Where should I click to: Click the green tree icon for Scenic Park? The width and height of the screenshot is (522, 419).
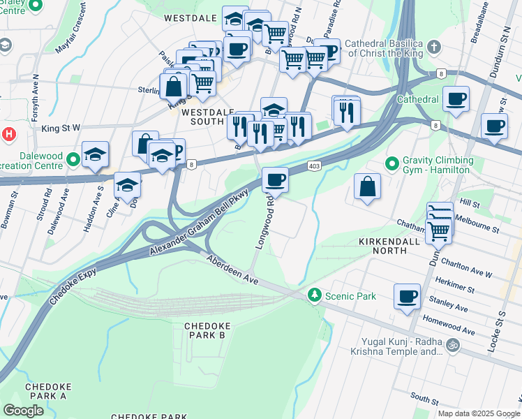coord(315,296)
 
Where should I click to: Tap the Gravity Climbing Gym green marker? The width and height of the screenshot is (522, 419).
coord(393,164)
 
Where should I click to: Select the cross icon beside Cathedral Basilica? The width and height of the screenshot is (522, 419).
coord(434,47)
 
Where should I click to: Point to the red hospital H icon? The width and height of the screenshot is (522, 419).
coord(8,133)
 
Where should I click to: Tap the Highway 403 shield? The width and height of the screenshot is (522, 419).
coord(313,166)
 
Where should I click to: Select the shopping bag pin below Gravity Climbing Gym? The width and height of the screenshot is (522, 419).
coord(367,187)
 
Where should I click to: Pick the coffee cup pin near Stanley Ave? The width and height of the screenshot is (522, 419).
coord(407,296)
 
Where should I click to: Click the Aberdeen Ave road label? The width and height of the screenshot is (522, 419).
coord(232,268)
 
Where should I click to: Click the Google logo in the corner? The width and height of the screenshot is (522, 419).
coord(23,411)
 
